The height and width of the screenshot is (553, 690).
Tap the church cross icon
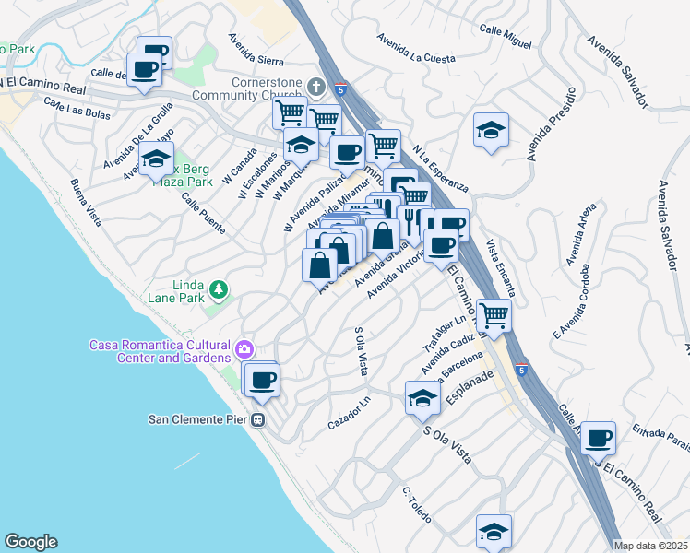[x=315, y=87]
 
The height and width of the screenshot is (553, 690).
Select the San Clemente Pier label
[x=198, y=419]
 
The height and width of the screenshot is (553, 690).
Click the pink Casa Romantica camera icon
[x=244, y=349]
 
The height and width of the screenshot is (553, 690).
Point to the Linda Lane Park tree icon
[x=219, y=291]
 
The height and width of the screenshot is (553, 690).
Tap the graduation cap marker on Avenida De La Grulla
[x=156, y=160]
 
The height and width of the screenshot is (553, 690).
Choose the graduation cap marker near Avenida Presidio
[x=491, y=130]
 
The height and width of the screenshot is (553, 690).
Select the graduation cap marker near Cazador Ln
[x=422, y=398]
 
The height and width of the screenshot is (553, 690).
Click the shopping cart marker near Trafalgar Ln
[x=494, y=316]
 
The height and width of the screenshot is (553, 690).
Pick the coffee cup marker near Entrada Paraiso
[x=598, y=439]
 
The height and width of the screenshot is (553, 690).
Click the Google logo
[x=30, y=542]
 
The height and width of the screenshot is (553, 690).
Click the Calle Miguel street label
[x=505, y=38]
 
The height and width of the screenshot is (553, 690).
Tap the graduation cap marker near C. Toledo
[x=494, y=533]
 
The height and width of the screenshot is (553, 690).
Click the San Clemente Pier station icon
[x=258, y=419]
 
